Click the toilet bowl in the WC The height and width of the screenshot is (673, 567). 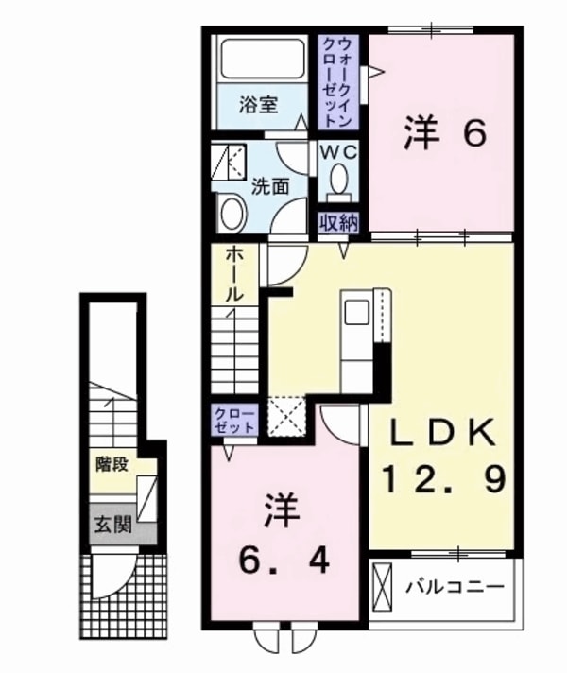point(339,180)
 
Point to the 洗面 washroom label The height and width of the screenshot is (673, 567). point(270,186)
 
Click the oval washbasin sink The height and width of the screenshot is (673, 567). point(230,213)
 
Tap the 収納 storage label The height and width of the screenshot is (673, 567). point(337,224)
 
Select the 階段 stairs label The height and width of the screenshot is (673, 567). point(112,464)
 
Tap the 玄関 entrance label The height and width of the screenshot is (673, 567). point(111,523)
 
